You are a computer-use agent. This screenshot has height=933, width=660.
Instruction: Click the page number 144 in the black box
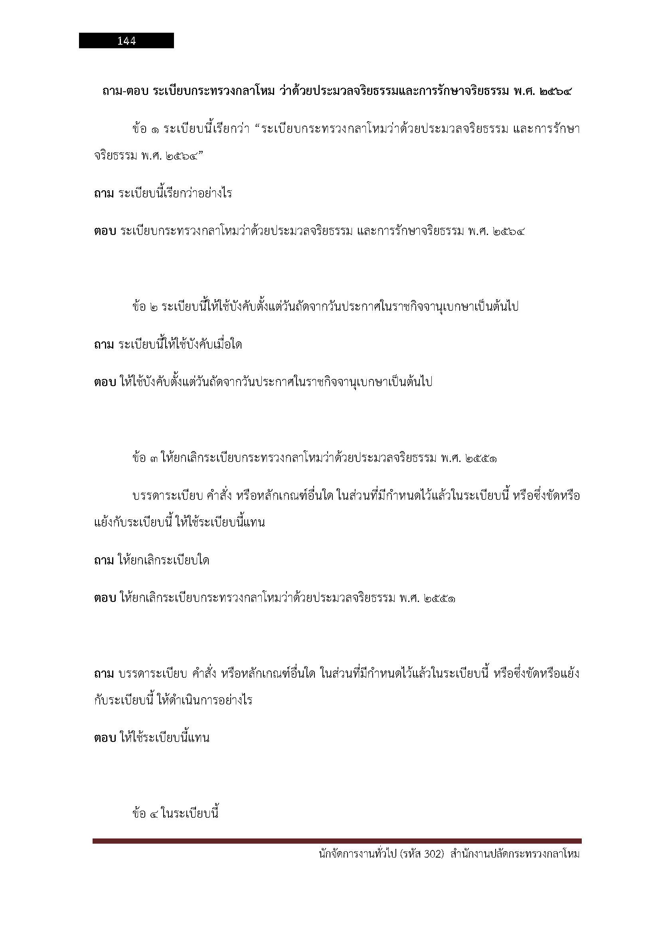[126, 41]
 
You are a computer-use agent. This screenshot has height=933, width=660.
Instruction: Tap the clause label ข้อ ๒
[146, 307]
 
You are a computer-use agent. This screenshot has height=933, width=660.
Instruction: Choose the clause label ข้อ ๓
[146, 459]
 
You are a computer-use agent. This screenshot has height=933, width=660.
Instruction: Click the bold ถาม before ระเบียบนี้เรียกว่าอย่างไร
[104, 193]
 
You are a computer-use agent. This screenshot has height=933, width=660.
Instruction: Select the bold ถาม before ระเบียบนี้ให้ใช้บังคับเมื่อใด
[104, 345]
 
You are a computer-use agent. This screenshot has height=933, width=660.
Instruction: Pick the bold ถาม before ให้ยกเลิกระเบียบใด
[104, 561]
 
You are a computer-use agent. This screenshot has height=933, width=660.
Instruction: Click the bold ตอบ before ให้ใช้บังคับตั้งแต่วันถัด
[105, 383]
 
